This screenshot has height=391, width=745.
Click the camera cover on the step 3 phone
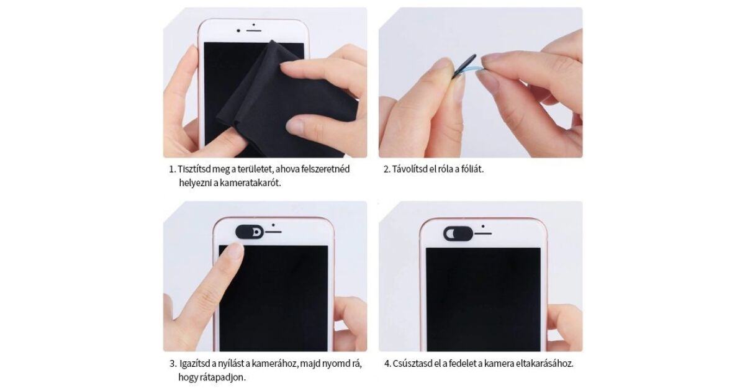point(250,231)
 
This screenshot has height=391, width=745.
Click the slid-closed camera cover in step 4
point(458,233)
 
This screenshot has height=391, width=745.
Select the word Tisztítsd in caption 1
point(194,169)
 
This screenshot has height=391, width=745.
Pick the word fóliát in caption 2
point(472,169)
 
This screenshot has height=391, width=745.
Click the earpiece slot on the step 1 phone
point(253,30)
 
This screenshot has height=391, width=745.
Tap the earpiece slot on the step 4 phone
point(483,233)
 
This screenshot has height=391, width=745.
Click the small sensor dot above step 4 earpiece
point(483,226)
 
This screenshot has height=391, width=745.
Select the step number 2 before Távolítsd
point(386,169)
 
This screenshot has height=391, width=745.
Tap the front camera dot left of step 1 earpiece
point(238,30)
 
